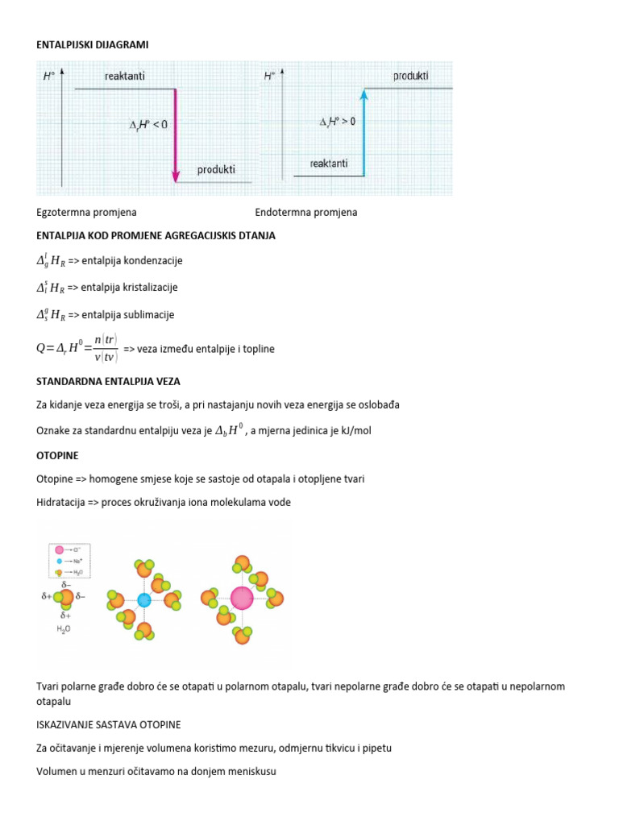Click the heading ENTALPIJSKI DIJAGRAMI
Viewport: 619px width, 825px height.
(93, 45)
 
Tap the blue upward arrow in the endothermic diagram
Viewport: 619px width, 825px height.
(364, 133)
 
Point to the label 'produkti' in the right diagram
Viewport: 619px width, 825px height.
(410, 77)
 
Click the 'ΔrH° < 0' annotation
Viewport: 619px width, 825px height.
(148, 125)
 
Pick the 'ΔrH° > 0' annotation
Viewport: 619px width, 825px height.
(337, 122)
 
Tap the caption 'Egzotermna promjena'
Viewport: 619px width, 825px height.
(86, 213)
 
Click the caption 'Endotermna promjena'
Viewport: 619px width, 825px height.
(305, 213)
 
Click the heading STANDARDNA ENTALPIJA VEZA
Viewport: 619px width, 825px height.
(114, 381)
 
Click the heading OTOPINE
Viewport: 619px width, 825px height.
(57, 456)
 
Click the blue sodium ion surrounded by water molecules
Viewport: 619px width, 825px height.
(144, 599)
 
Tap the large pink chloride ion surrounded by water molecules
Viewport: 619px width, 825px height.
(242, 598)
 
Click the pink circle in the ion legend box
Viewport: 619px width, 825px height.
(60, 549)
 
